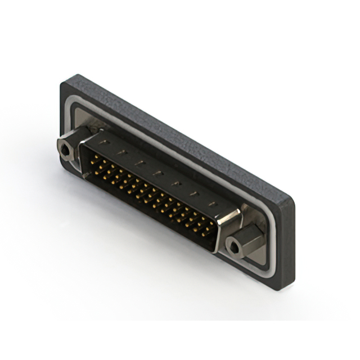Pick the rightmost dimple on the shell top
pyautogui.click(x=212, y=204)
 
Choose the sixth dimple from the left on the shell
pyautogui.click(x=194, y=193)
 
